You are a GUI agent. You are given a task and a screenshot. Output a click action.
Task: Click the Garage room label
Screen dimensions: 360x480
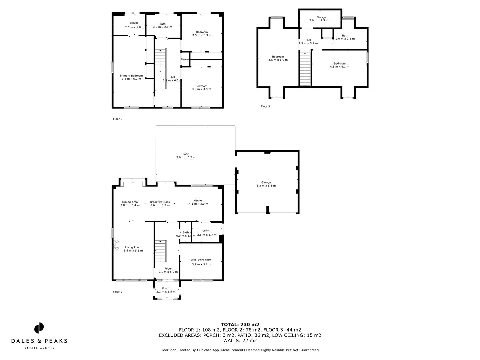(x=266, y=182)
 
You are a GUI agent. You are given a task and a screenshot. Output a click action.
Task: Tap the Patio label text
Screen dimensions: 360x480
(x=186, y=154)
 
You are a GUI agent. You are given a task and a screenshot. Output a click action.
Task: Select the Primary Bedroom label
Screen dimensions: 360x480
(x=131, y=76)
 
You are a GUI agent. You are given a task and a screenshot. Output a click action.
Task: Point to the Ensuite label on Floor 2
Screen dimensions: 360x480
(x=134, y=23)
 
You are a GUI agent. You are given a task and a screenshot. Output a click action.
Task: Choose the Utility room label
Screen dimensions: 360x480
(x=205, y=231)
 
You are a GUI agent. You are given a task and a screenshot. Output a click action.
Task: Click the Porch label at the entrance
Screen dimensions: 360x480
(x=166, y=288)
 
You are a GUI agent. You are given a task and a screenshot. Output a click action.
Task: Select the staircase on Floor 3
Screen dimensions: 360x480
(x=305, y=69)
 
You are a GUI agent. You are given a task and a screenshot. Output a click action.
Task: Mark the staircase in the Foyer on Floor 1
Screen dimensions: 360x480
(x=161, y=252)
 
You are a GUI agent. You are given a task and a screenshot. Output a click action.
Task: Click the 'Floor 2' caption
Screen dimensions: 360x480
(x=118, y=119)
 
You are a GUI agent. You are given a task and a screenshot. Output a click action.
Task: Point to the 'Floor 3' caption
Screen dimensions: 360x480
(x=265, y=107)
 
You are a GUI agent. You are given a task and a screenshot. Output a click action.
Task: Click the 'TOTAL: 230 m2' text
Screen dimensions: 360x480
(x=240, y=324)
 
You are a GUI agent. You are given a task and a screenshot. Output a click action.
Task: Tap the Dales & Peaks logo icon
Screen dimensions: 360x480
(x=39, y=328)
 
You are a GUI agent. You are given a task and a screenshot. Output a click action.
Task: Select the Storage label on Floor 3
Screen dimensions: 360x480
(x=321, y=17)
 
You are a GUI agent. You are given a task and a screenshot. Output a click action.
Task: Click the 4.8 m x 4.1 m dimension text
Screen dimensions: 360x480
(x=340, y=67)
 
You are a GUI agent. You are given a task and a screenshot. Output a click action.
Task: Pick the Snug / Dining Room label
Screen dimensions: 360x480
(x=201, y=260)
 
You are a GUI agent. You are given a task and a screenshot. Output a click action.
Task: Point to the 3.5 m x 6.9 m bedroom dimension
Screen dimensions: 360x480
(x=278, y=60)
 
